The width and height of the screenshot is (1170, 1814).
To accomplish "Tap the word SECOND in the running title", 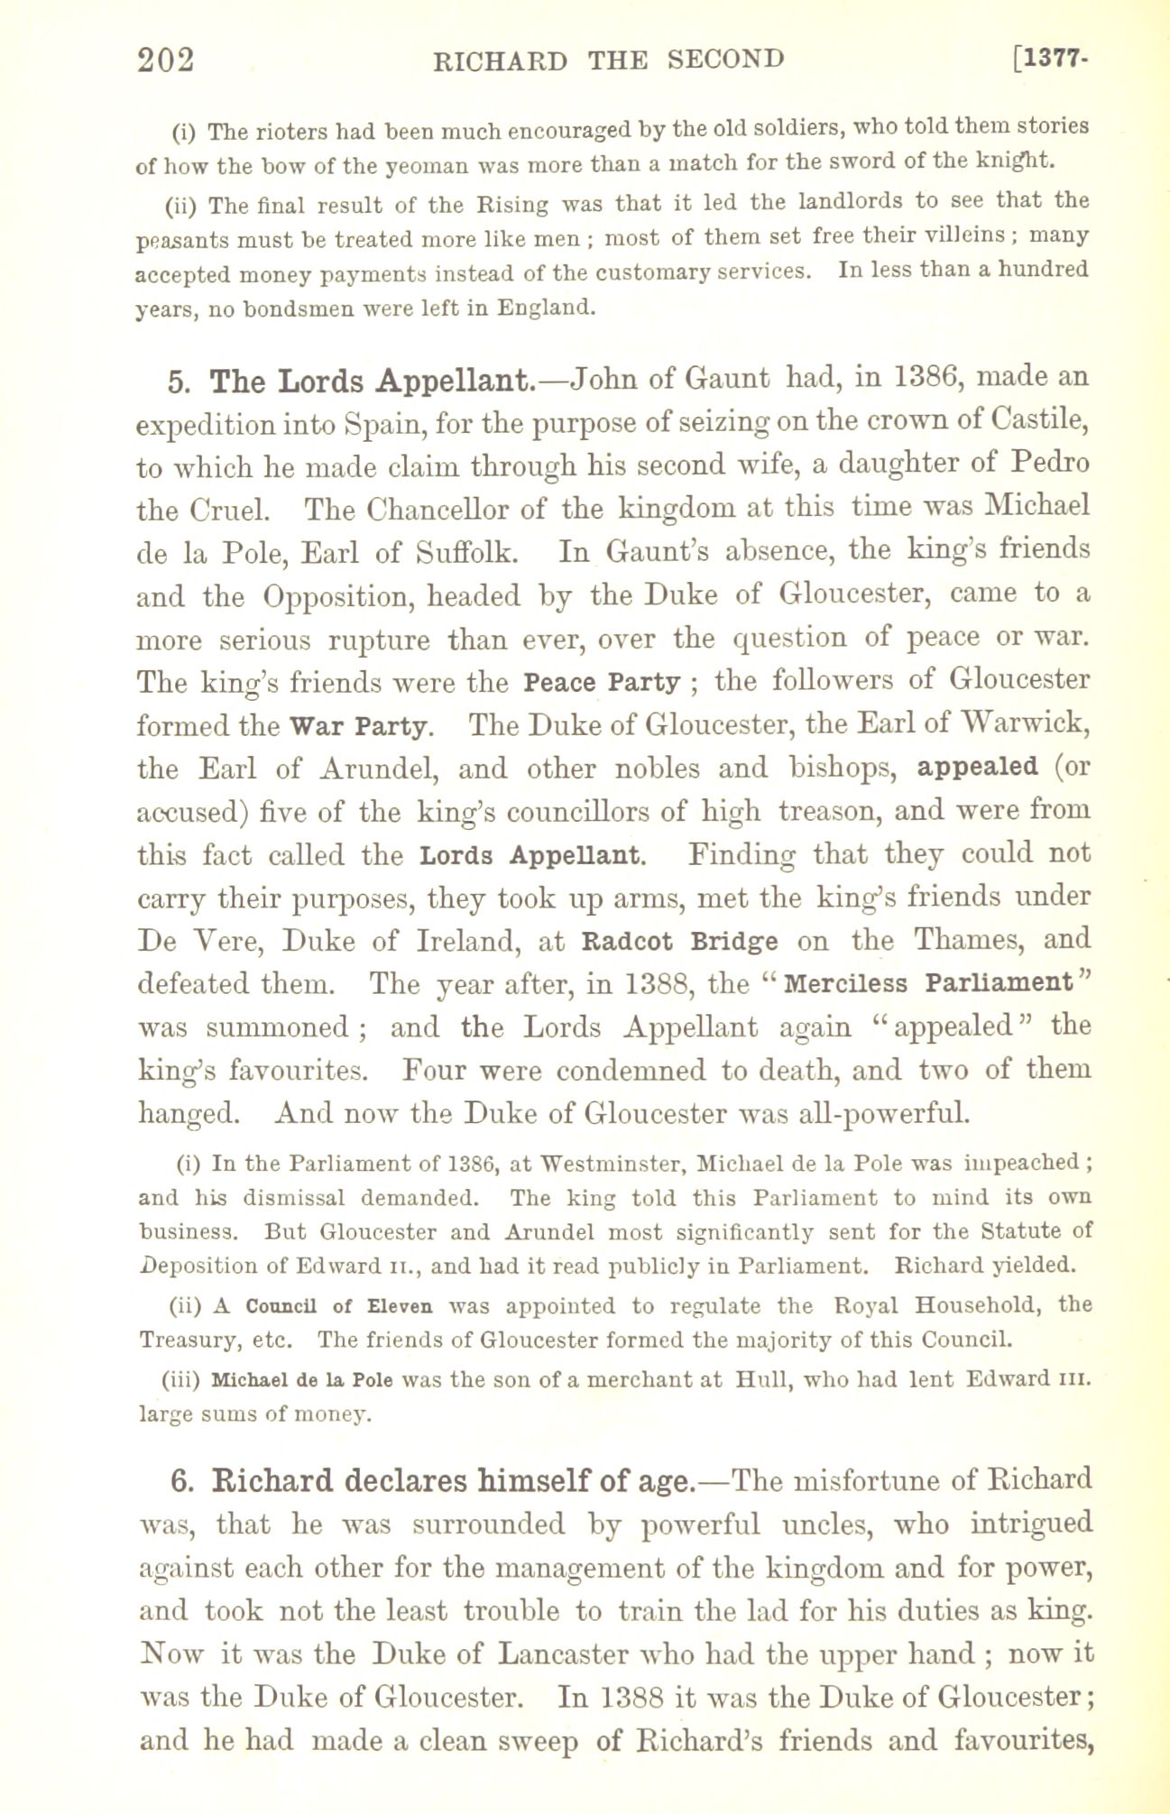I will tap(725, 60).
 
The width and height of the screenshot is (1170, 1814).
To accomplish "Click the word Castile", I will tap(1039, 421).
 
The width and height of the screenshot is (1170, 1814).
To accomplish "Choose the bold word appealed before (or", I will tap(977, 768).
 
